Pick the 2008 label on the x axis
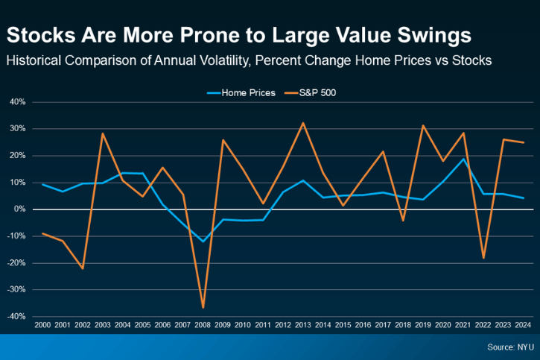203,326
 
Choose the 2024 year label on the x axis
524,326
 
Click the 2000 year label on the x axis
42,326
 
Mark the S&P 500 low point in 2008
203,308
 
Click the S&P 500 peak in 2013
303,123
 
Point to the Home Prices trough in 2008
203,241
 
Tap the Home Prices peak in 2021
463,158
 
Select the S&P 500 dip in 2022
483,258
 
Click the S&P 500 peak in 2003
103,133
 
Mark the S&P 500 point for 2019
423,125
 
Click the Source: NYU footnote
509,347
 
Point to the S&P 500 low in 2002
83,268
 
